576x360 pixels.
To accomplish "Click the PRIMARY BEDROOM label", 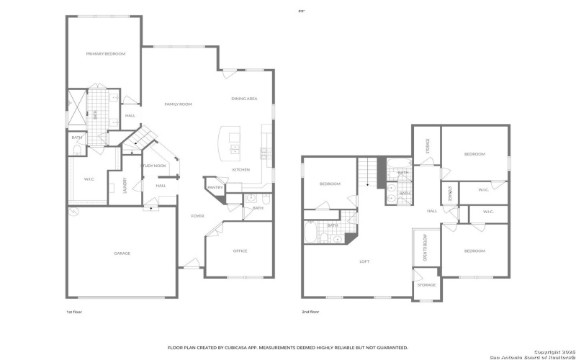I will pyautogui.click(x=106, y=54).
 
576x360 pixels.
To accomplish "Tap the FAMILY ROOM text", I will pyautogui.click(x=178, y=104).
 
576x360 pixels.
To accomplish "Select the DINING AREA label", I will pyautogui.click(x=244, y=99).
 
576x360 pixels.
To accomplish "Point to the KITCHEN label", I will pyautogui.click(x=240, y=170).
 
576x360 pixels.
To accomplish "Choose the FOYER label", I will pyautogui.click(x=197, y=216).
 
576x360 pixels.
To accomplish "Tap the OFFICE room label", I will pyautogui.click(x=240, y=251).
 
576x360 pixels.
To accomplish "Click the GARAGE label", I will pyautogui.click(x=122, y=253).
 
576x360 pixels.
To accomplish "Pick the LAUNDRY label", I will pyautogui.click(x=125, y=186).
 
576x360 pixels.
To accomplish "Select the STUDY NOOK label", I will pyautogui.click(x=153, y=166).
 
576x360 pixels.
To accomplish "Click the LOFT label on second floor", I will pyautogui.click(x=364, y=261).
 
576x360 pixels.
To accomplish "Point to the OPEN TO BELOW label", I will pyautogui.click(x=425, y=248).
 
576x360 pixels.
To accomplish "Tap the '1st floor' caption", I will pyautogui.click(x=74, y=312).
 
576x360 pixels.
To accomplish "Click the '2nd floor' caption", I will pyautogui.click(x=310, y=312).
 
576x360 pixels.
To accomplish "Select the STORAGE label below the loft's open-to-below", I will pyautogui.click(x=426, y=285).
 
